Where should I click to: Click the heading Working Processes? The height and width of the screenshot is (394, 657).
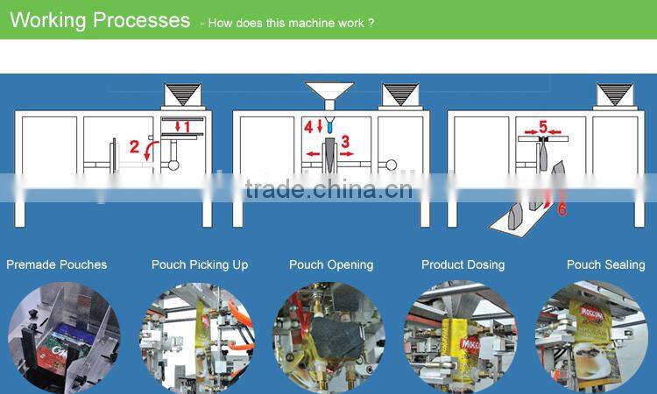(99, 20)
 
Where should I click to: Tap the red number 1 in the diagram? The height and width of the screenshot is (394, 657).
(186, 127)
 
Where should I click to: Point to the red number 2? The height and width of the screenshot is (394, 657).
(135, 146)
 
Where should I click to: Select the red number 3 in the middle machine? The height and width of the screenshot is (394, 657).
(345, 141)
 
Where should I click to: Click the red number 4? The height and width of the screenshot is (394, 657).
(308, 127)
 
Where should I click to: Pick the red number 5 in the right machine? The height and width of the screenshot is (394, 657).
(543, 128)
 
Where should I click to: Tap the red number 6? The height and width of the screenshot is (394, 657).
(562, 209)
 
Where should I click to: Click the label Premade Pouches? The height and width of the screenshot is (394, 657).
(56, 264)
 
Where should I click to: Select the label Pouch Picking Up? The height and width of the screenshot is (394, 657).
(200, 264)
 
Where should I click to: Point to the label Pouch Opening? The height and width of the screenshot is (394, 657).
(331, 264)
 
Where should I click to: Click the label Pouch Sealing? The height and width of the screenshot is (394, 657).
(605, 264)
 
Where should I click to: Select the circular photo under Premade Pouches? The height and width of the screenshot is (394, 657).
(63, 337)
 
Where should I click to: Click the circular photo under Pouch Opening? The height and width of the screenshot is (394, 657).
(328, 337)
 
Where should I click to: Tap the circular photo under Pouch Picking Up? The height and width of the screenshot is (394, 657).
(195, 337)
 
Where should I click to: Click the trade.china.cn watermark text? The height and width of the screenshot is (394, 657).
(328, 189)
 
